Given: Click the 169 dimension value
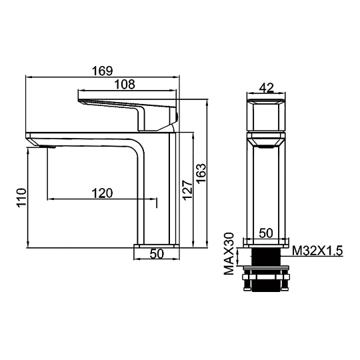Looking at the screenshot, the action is [103, 71].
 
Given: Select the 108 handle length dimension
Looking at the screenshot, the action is [125, 84].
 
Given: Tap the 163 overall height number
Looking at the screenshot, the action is [201, 173].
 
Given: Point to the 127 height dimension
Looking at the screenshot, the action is [187, 190].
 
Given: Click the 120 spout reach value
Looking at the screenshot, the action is [103, 193].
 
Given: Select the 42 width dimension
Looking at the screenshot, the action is [267, 88].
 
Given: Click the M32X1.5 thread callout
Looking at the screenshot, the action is [317, 251].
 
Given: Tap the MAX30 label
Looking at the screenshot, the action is [229, 253].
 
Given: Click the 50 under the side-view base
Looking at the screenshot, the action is [157, 254].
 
